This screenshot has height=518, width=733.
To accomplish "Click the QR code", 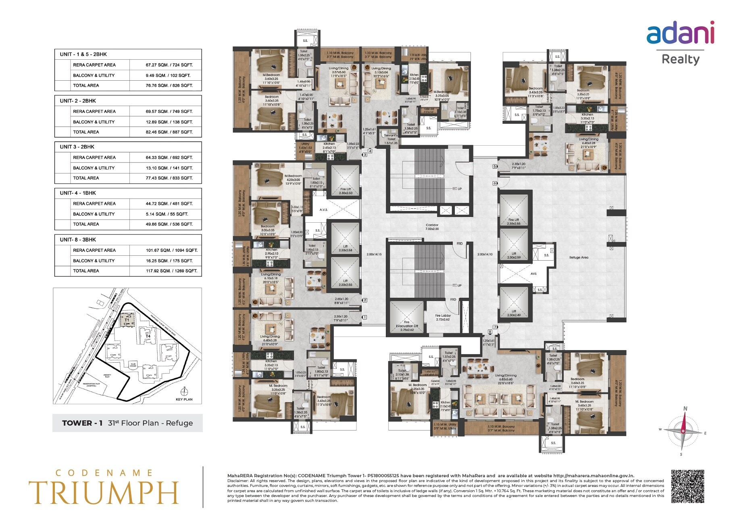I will click(687, 486).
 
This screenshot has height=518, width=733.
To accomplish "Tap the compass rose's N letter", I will click(685, 408).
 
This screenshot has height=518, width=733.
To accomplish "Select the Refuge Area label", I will click(579, 257).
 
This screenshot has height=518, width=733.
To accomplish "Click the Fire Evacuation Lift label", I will click(407, 326).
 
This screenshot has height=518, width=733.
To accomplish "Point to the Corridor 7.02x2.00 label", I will click(432, 227).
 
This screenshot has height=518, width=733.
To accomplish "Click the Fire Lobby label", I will click(443, 317).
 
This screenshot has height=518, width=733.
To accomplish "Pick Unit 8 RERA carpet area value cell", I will click(171, 250).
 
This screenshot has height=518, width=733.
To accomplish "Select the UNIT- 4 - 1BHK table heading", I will click(78, 193).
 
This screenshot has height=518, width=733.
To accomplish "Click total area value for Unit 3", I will click(169, 178).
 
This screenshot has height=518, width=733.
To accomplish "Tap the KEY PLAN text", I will click(184, 399).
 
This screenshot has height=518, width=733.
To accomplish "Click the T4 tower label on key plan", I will click(148, 336).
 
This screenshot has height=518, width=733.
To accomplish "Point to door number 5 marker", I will click(495, 166).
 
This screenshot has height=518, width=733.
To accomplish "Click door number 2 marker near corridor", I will click(364, 300).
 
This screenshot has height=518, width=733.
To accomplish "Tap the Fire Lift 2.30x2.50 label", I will click(346, 191).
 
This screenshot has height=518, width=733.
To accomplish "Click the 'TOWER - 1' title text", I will click(82, 423).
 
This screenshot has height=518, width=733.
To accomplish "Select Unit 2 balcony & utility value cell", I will click(169, 122).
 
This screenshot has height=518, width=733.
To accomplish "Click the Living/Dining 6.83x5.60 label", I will click(505, 377).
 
